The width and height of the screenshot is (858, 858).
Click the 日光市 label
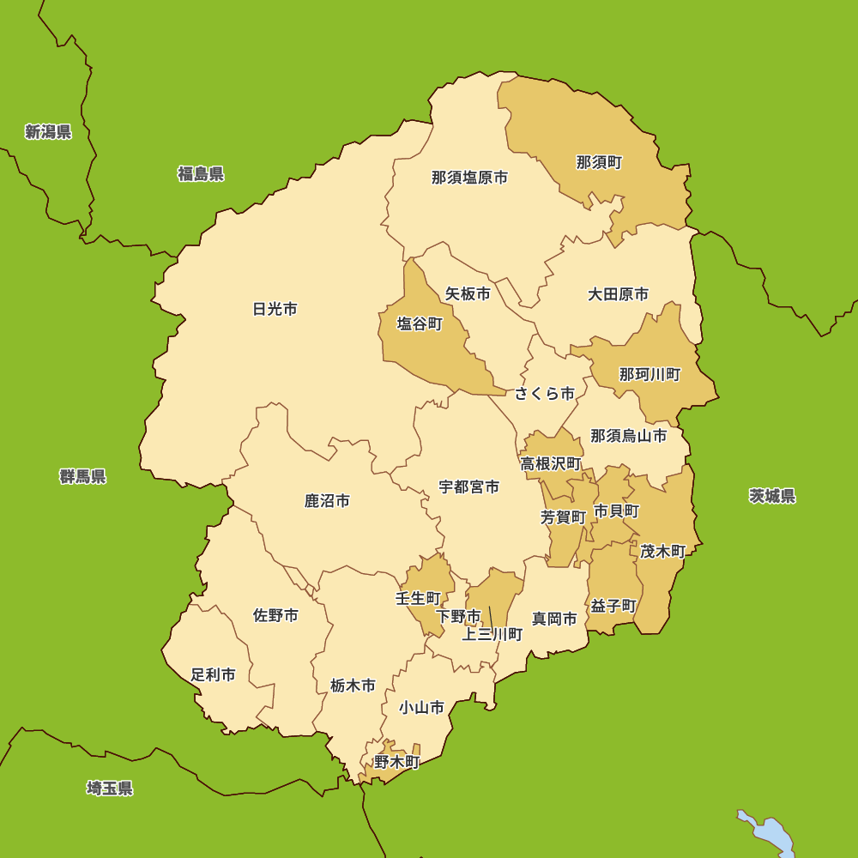click(275, 309)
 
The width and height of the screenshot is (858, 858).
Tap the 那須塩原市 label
click(469, 178)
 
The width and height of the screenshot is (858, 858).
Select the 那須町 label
click(599, 162)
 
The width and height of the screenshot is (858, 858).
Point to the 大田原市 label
click(618, 294)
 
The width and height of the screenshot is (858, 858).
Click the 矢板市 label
click(468, 293)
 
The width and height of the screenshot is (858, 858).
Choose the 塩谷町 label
click(419, 323)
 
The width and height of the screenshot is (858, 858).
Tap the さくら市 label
click(545, 394)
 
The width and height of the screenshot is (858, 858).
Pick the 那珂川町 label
click(650, 374)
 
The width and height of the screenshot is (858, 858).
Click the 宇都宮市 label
click(468, 486)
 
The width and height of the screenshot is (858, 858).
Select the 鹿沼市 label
click(327, 500)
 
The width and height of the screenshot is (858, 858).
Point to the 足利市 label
click(213, 674)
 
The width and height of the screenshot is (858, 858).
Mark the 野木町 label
click(396, 761)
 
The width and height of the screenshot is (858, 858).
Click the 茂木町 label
click(662, 551)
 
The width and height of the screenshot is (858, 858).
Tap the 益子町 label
click(613, 606)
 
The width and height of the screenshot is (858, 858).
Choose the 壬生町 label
click(418, 598)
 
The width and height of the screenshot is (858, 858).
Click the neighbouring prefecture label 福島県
click(201, 174)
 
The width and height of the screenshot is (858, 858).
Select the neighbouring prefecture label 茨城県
click(771, 496)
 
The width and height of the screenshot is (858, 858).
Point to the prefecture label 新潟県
click(48, 131)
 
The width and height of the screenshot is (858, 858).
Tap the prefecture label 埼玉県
click(109, 788)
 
